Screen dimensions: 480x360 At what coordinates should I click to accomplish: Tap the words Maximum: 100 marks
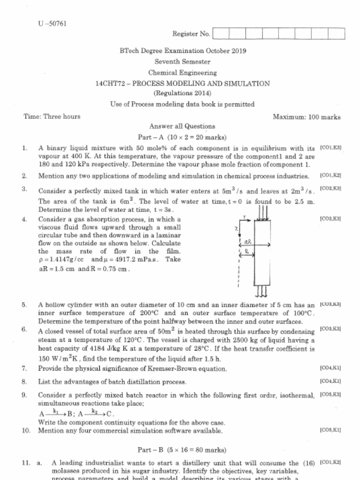coord(307,117)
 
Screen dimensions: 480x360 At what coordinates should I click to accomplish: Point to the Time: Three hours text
coord(52,117)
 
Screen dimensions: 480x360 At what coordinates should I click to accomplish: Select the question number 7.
coord(24,368)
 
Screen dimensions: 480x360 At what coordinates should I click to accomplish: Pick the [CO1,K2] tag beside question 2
coord(330,176)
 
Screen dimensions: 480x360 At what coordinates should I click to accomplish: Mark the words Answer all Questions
coord(182,127)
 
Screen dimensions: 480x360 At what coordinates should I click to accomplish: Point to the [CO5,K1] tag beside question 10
coord(330,429)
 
